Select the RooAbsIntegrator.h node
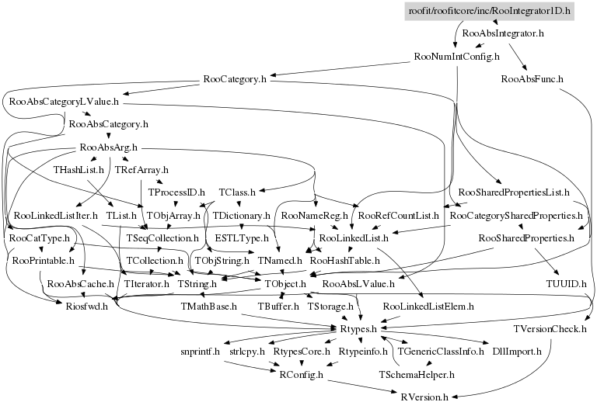502,34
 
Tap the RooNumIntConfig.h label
456,57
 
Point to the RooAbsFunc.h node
532,79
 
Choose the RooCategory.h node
234,79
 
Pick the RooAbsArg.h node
108,147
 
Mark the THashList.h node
76,169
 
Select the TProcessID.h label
176,192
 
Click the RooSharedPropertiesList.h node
515,192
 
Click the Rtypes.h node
358,329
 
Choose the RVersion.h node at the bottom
425,397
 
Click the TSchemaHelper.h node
417,374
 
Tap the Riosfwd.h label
69,307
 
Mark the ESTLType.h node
242,237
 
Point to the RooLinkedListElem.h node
428,307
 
